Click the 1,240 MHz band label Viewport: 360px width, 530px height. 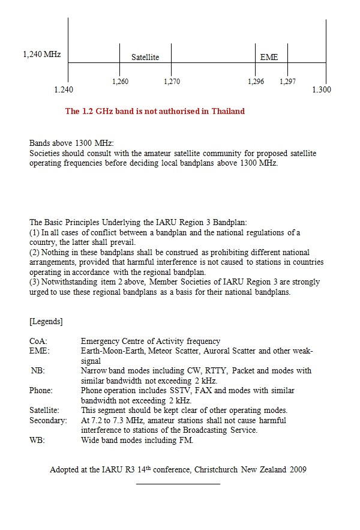tap(42, 55)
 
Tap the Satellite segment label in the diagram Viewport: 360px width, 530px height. tap(145, 57)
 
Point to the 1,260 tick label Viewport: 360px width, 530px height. tap(120, 82)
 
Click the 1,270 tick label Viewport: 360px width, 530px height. tap(172, 82)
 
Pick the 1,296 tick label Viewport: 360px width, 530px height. tap(256, 82)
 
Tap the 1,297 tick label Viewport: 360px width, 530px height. tap(287, 82)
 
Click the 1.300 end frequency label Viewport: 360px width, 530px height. tap(322, 90)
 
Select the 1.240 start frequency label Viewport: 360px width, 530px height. tap(64, 90)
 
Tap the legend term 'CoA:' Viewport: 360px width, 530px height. tap(38, 341)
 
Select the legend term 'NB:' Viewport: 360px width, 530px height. tap(37, 370)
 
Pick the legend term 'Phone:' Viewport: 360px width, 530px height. tap(41, 390)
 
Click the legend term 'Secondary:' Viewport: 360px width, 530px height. tap(48, 420)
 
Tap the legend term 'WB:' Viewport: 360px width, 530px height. tap(37, 440)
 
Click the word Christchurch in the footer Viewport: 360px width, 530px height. tap(217, 469)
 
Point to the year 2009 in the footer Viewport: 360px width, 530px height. tap(297, 469)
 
